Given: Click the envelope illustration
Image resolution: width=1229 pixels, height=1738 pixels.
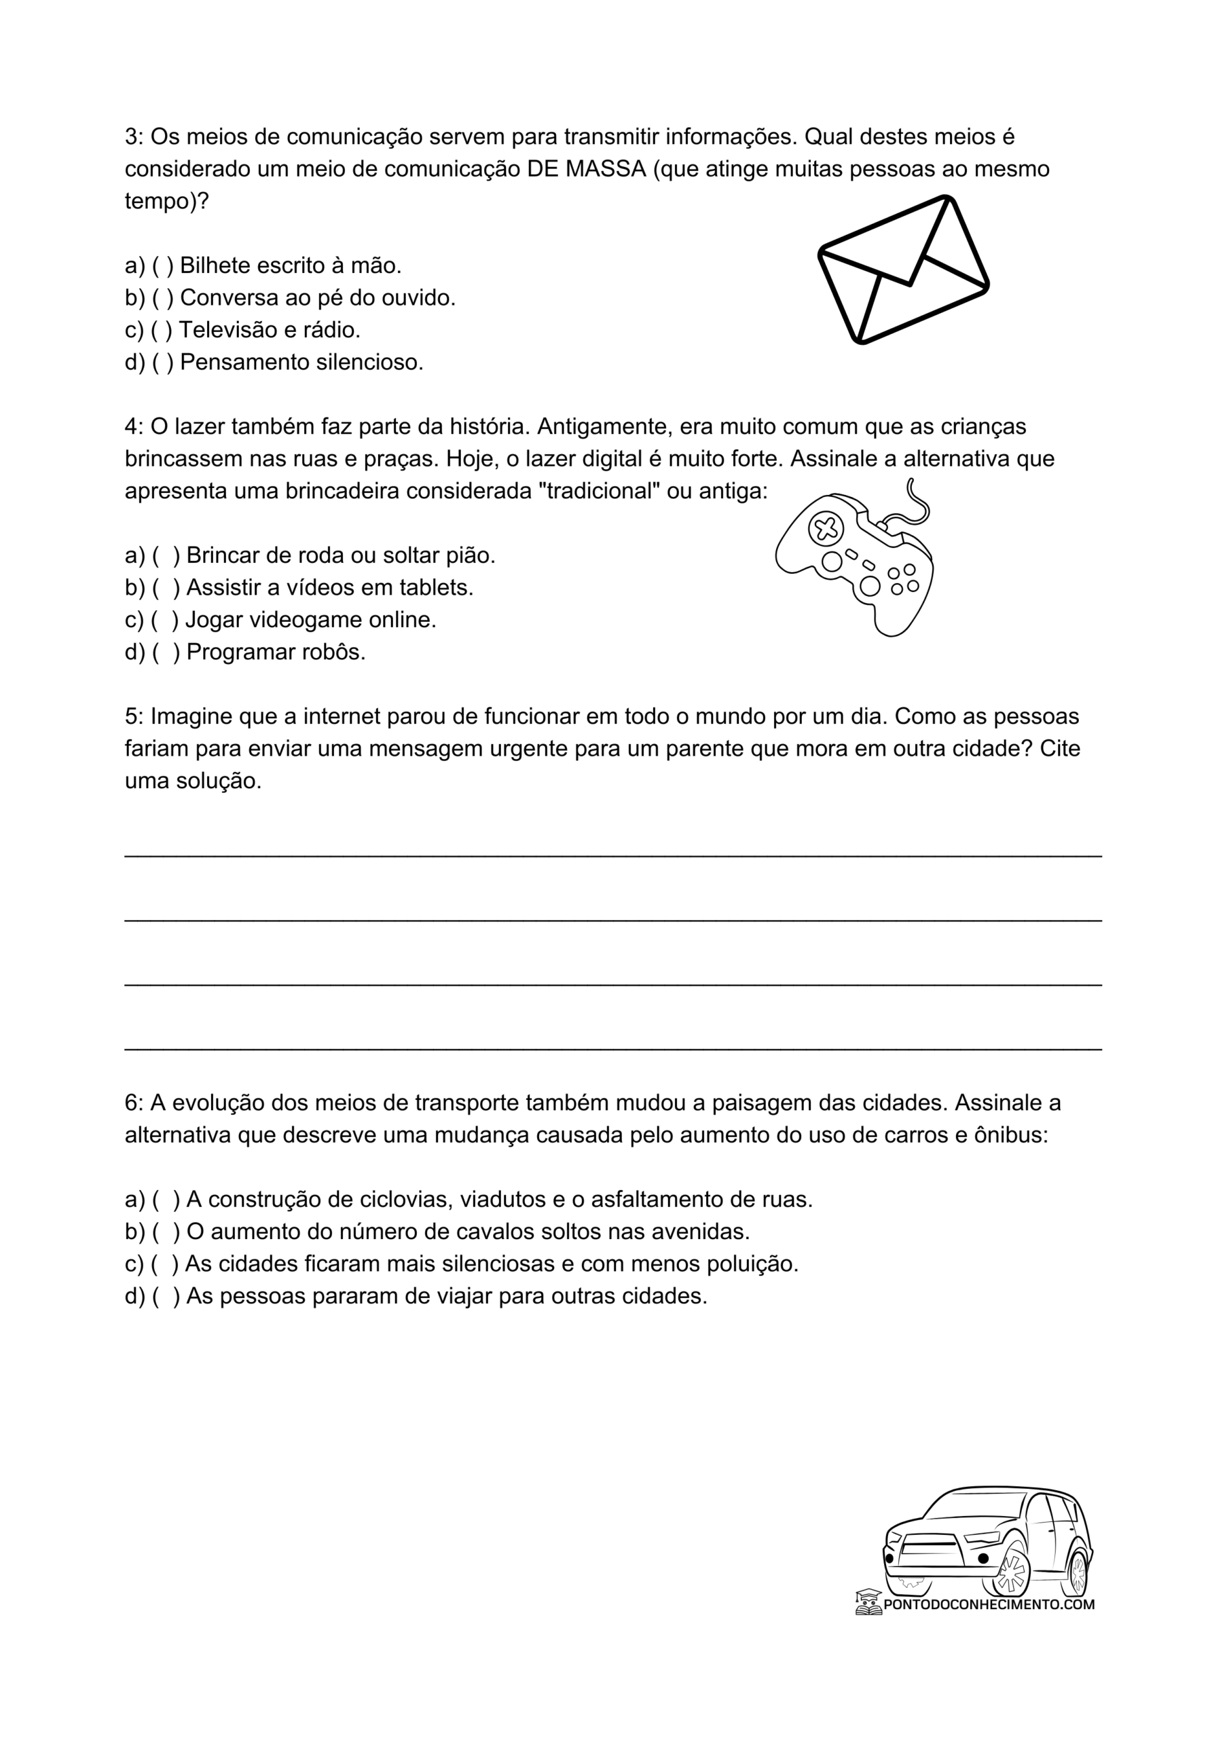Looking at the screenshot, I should coord(903,270).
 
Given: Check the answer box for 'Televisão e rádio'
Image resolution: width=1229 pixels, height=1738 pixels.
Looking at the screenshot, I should coord(162,331).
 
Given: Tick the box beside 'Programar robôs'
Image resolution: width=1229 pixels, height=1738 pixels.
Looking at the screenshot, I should coord(165,652).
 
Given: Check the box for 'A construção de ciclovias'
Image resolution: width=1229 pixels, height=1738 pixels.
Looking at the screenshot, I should coord(165,1200).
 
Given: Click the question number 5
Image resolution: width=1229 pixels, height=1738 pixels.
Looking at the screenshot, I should coord(133,717).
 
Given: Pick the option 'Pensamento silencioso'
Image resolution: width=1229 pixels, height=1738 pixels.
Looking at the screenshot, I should coord(301,363).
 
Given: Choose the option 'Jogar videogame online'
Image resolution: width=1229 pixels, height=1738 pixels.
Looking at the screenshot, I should coord(310,621).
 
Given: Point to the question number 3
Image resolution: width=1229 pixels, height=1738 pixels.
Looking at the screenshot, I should coord(133,137).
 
